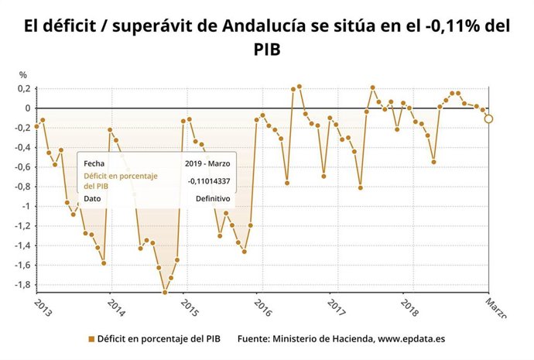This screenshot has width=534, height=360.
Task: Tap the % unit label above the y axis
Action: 23,75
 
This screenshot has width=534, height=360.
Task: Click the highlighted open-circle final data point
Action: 488,118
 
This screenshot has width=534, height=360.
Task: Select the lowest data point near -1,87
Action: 165,292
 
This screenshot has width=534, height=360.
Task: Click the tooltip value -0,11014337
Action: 209,181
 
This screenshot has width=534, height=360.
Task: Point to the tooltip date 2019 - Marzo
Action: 207,163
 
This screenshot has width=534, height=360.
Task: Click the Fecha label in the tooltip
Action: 94,163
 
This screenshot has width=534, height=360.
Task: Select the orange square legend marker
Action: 91,339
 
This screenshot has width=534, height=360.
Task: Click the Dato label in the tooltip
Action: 93,198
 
